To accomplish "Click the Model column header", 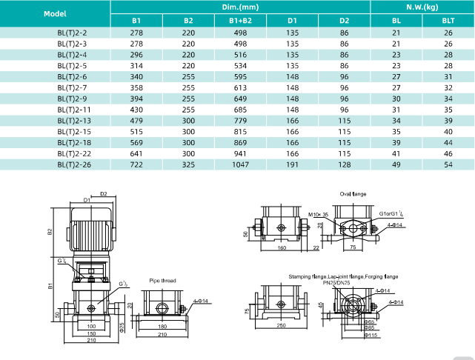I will coord(55,13).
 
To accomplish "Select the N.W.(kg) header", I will coord(422,7).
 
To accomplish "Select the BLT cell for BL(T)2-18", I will coord(448,141).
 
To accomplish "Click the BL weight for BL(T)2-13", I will coord(396,120).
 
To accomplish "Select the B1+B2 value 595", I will coord(240,77).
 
